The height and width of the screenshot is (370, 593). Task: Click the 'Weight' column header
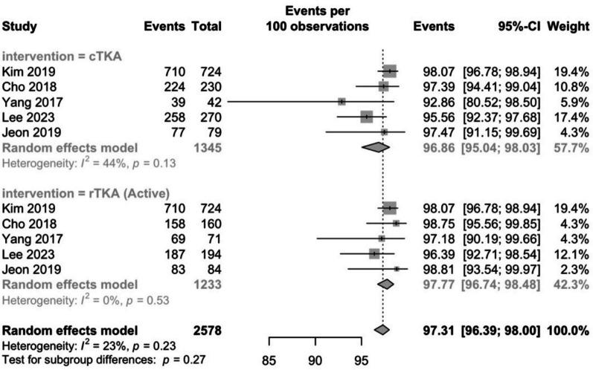pyautogui.click(x=568, y=27)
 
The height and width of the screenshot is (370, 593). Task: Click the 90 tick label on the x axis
pyautogui.click(x=315, y=360)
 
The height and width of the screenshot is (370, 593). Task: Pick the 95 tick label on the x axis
pyautogui.click(x=362, y=360)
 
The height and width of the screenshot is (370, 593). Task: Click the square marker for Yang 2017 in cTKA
pyautogui.click(x=342, y=101)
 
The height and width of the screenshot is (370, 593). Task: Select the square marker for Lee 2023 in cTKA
pyautogui.click(x=366, y=117)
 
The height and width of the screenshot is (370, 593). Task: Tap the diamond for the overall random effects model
pyautogui.click(x=382, y=329)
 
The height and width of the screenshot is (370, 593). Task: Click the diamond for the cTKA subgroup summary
pyautogui.click(x=376, y=147)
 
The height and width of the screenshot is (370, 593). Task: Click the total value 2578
pyautogui.click(x=206, y=329)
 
